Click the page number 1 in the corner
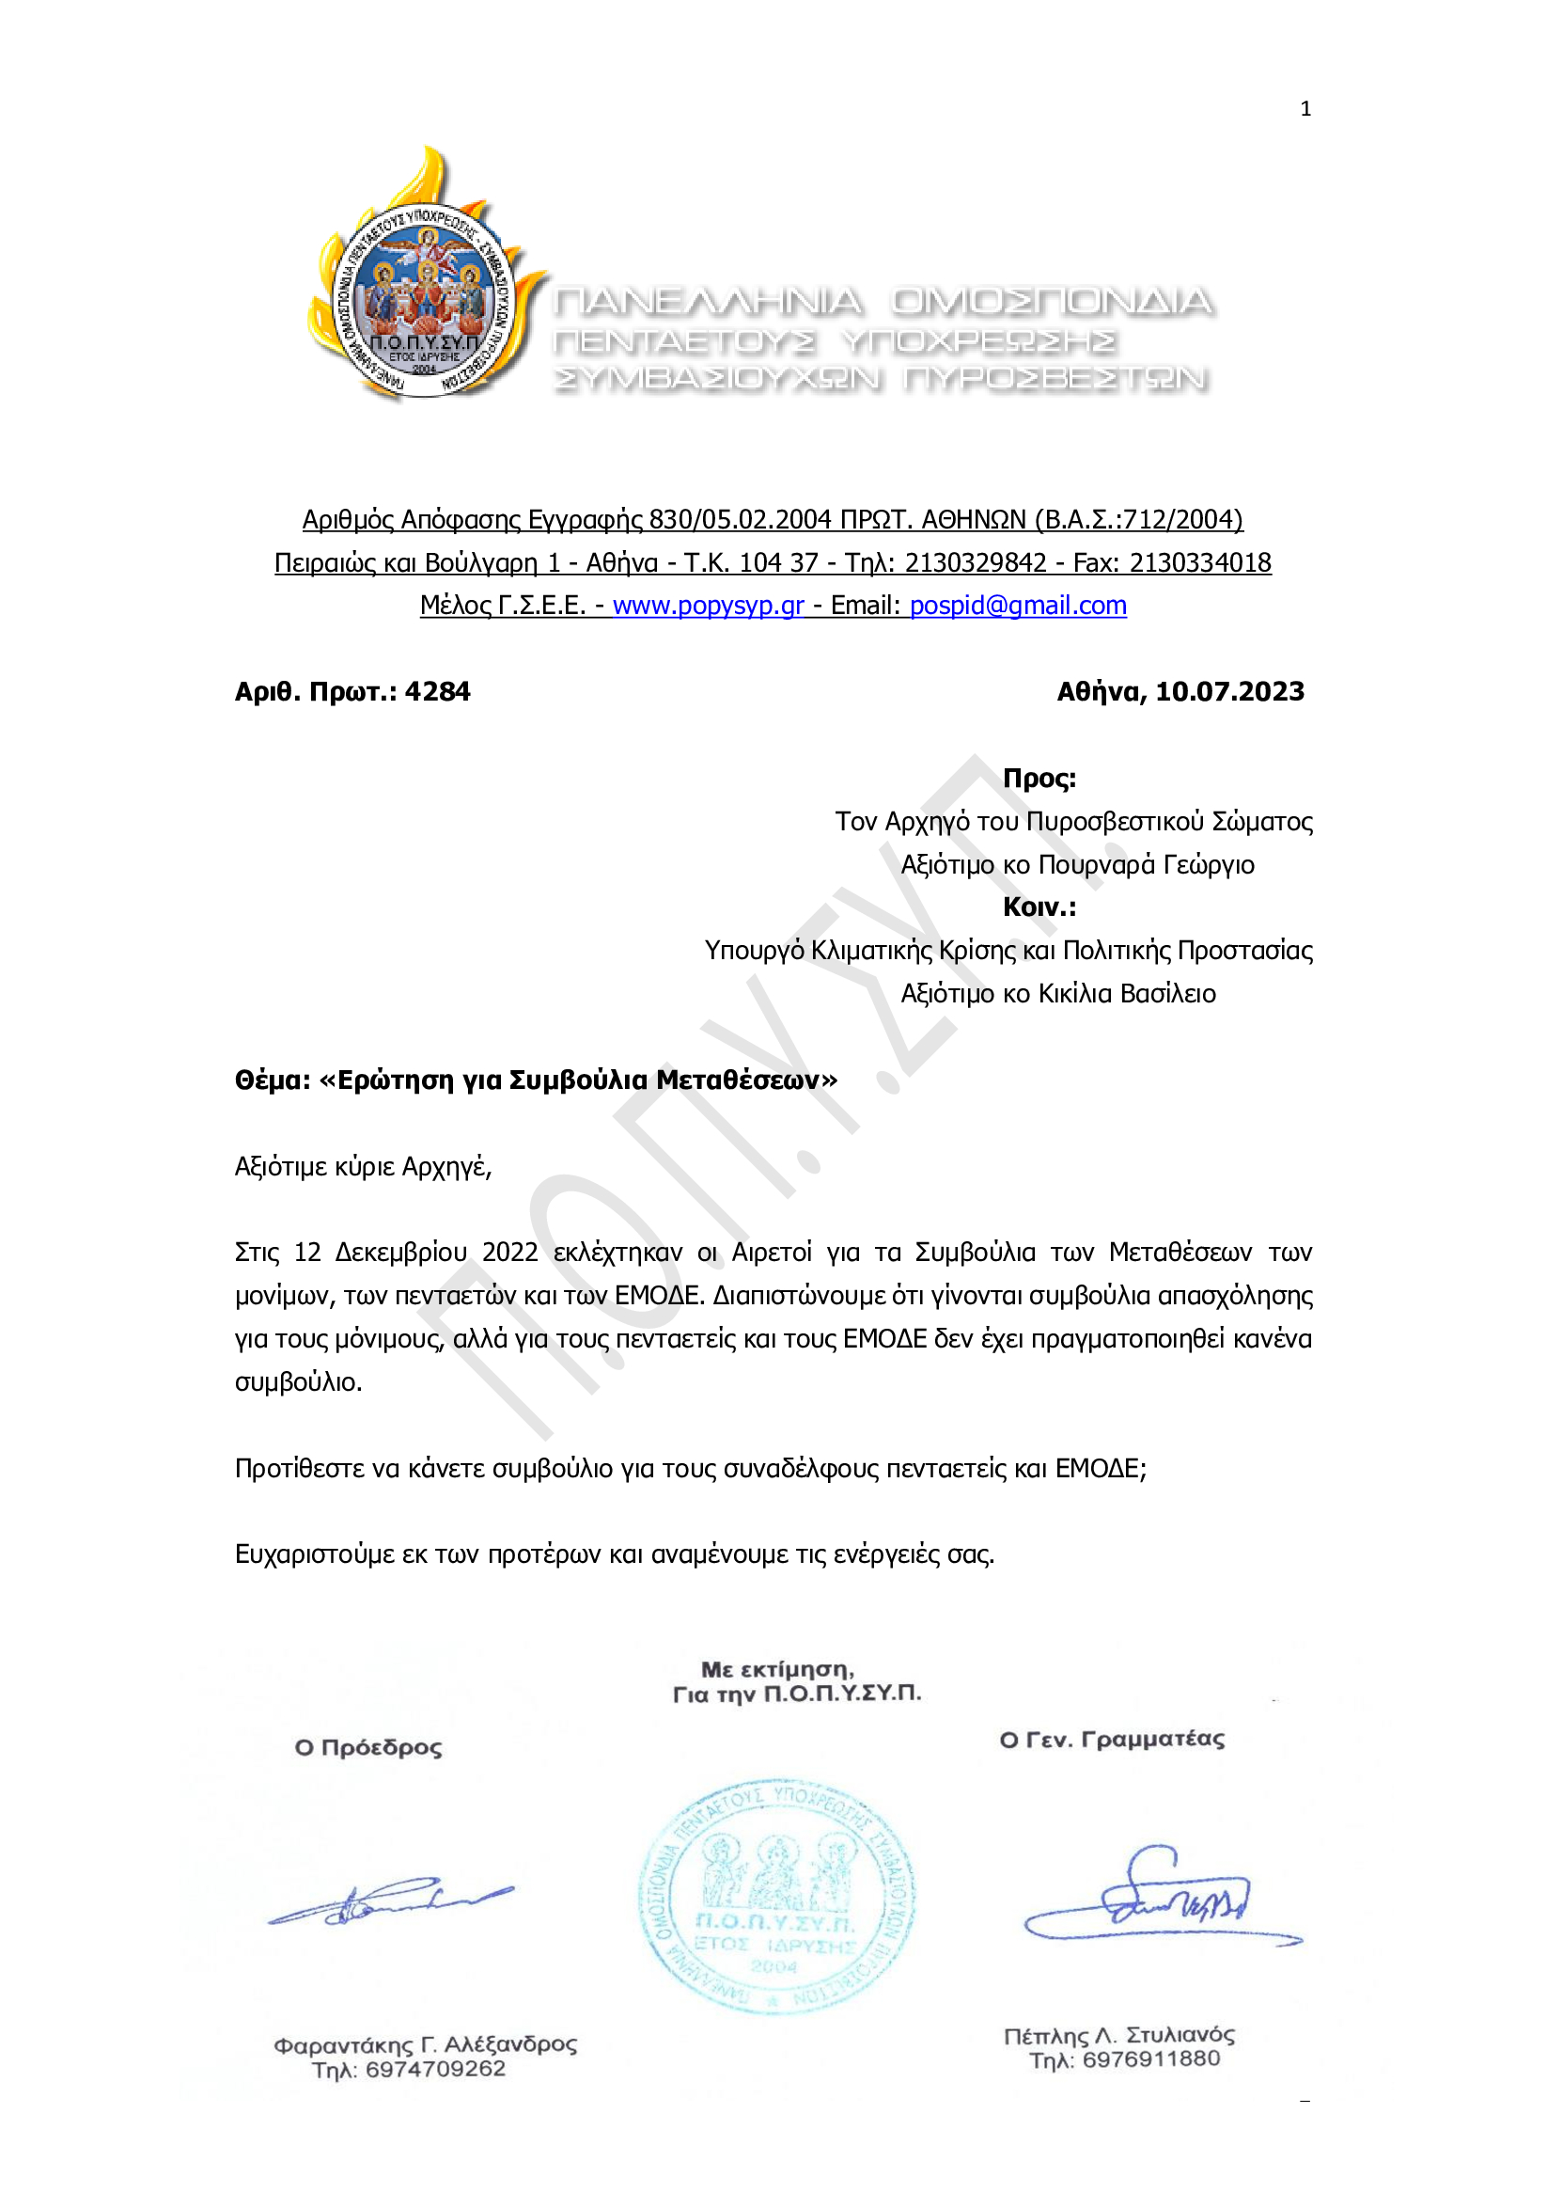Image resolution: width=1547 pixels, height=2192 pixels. click(1305, 109)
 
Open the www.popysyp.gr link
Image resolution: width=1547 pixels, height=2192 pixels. click(707, 606)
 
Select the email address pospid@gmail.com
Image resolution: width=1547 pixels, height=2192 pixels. click(1017, 606)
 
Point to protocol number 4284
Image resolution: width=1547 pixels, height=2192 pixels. click(437, 691)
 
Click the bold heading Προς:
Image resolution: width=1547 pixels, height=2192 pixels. click(1039, 778)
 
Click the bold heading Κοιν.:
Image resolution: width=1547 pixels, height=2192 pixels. click(1039, 907)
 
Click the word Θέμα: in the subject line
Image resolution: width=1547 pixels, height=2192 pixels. click(273, 1080)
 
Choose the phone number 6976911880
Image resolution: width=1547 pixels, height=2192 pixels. click(1151, 2059)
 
